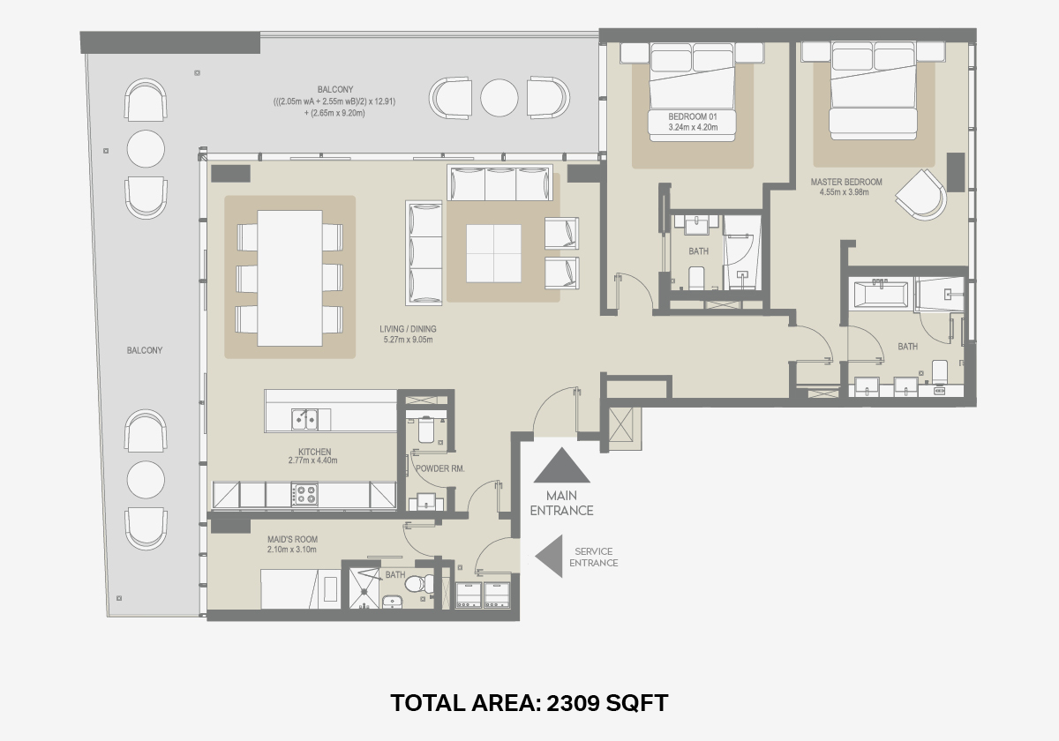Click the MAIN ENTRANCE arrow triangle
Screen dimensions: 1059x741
tap(561, 466)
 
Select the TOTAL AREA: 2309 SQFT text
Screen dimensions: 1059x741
tap(529, 703)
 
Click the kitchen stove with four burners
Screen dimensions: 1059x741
tap(304, 494)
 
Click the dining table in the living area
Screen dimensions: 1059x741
tap(289, 279)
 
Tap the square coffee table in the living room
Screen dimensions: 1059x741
tap(493, 253)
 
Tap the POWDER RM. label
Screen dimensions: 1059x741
tap(439, 468)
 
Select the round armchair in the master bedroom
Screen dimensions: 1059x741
tap(921, 195)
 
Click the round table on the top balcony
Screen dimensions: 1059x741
tap(499, 98)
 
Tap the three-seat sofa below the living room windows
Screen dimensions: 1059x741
tap(500, 183)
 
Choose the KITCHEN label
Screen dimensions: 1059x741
tap(315, 452)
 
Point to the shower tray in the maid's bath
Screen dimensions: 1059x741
tap(364, 588)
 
